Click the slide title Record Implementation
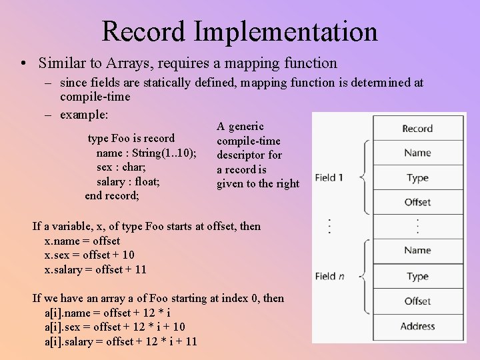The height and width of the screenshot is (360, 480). [x=239, y=31]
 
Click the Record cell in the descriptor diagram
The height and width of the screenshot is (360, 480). [x=417, y=129]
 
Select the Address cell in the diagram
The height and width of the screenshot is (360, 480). [x=417, y=326]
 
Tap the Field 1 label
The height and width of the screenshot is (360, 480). [x=329, y=177]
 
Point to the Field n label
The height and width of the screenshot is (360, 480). [x=329, y=276]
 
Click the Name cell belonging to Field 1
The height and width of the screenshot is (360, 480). [x=417, y=153]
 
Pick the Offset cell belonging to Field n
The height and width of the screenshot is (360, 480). [x=417, y=301]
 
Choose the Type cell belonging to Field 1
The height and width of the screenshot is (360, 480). [x=417, y=178]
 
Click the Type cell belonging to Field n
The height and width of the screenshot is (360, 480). [x=417, y=277]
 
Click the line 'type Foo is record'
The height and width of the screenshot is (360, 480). [x=131, y=139]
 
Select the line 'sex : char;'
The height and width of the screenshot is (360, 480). [x=121, y=167]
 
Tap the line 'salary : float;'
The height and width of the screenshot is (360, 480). [x=128, y=181]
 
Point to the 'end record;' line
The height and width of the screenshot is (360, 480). [x=112, y=196]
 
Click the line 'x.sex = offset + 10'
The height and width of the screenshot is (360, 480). [x=89, y=255]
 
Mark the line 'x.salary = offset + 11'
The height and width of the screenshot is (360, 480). [x=95, y=269]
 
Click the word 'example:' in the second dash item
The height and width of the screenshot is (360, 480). [x=84, y=115]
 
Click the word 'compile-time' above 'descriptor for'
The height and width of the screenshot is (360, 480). [x=249, y=141]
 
